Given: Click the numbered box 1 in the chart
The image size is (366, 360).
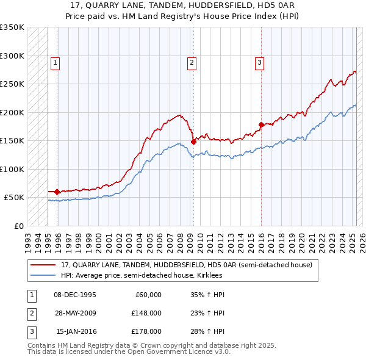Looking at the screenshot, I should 55,62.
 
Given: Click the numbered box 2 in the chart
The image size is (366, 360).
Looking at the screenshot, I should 192,62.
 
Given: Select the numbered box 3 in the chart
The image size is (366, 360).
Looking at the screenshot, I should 259,62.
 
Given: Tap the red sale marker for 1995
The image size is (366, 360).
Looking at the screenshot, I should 57,192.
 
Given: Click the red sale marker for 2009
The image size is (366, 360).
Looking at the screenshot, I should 193,142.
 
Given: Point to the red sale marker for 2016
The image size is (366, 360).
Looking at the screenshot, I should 261,124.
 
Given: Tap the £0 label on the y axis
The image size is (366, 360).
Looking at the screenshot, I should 19,226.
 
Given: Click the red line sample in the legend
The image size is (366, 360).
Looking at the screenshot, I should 43,265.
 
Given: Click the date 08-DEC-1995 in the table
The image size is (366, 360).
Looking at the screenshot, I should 75,295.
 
